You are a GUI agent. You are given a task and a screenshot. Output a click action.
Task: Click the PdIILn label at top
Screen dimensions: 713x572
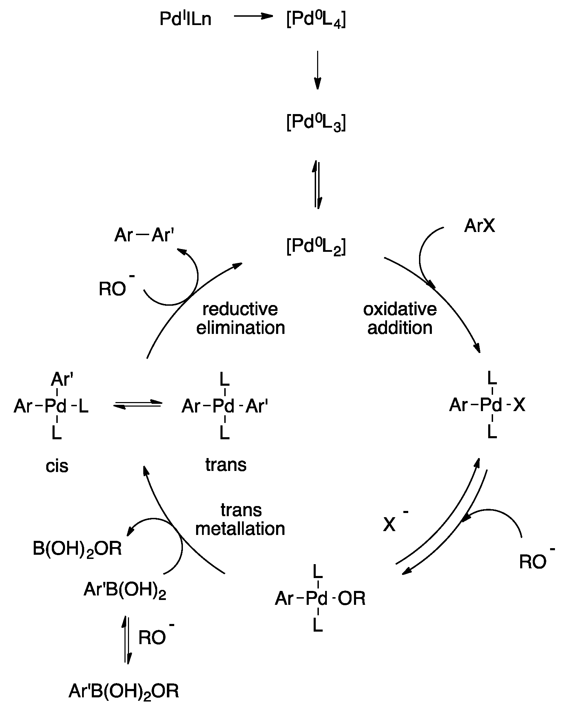[185, 19]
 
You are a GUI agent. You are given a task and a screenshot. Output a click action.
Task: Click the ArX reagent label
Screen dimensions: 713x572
[480, 226]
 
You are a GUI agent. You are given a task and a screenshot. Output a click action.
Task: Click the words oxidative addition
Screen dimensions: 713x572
[400, 318]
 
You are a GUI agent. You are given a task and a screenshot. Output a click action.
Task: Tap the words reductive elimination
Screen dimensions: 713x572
[240, 318]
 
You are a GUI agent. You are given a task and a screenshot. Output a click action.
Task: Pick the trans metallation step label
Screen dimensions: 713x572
[240, 519]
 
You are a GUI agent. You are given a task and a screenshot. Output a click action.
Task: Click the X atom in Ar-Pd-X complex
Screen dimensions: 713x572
[519, 405]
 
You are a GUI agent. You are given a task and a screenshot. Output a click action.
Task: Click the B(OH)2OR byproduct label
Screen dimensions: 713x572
[77, 549]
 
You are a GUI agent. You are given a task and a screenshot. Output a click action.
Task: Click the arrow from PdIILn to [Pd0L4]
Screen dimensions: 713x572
[252, 16]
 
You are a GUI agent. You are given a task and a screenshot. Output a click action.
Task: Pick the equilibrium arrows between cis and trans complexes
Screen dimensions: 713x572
[138, 404]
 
